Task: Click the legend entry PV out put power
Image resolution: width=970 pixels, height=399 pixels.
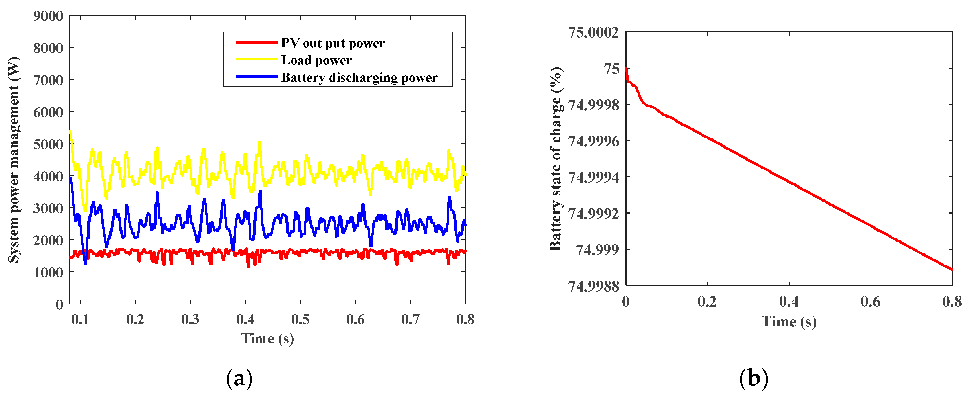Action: click(332, 43)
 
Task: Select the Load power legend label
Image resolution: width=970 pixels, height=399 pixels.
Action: click(316, 60)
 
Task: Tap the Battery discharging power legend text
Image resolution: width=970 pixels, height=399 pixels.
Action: click(359, 78)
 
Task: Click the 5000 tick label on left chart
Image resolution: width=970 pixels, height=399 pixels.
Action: click(48, 144)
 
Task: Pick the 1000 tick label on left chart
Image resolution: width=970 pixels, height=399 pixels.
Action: click(48, 272)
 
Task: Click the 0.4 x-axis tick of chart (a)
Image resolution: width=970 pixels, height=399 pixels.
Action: click(245, 320)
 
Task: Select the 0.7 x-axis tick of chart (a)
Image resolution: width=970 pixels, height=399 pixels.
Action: click(410, 320)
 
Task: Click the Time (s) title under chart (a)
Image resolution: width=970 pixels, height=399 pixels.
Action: click(267, 338)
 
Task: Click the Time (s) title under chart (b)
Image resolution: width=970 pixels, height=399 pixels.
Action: click(789, 321)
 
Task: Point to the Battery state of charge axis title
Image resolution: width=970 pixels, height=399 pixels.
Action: click(556, 159)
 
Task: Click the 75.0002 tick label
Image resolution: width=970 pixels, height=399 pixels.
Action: click(593, 32)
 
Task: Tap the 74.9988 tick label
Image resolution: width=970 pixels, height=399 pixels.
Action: click(593, 286)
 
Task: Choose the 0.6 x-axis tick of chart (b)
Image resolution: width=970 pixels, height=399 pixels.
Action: click(871, 302)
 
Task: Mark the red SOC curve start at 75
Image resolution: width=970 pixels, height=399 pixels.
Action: click(626, 69)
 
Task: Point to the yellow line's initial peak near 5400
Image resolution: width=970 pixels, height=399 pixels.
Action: click(70, 131)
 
